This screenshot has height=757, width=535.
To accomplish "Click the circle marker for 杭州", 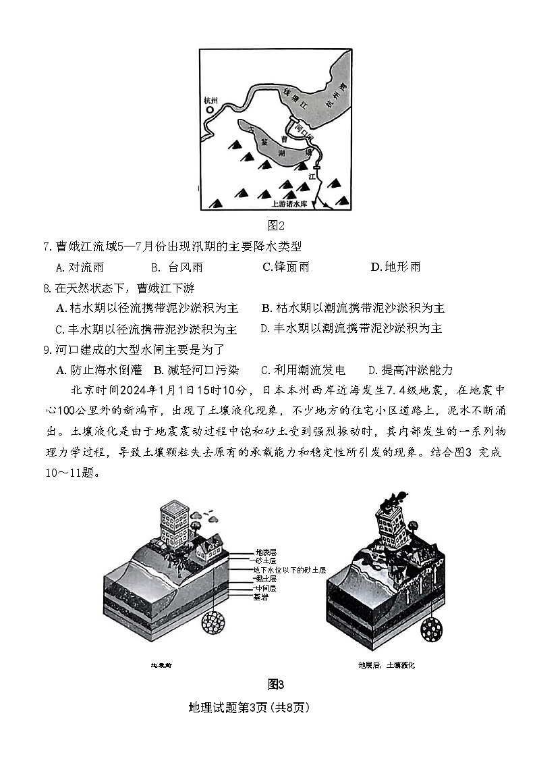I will coord(210,109).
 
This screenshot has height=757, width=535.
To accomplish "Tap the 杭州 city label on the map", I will coord(212,100).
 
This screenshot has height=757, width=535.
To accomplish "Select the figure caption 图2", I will coord(276,225).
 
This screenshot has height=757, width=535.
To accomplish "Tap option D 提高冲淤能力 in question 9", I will coord(411,370).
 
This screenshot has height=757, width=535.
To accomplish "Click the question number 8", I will coord(47,288).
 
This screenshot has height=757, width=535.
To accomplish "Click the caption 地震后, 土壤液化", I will coord(387,665).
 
